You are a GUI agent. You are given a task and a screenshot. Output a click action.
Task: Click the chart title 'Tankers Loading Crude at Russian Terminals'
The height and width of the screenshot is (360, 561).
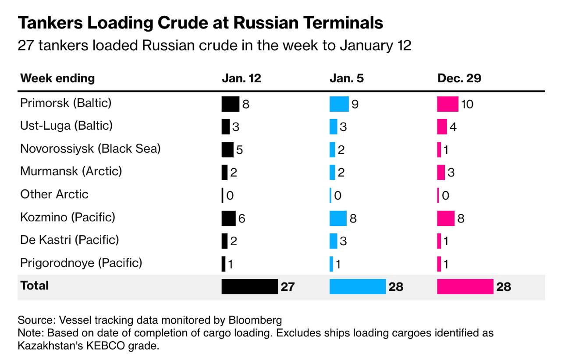click(200, 23)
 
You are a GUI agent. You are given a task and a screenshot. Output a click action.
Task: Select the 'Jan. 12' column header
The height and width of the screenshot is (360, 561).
click(241, 78)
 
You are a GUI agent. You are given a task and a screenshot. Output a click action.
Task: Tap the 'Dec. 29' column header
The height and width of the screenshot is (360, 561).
click(459, 78)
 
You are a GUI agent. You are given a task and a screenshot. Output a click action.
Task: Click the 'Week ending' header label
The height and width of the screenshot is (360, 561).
click(57, 78)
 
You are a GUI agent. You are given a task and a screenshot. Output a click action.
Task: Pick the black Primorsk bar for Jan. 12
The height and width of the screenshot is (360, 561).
click(230, 104)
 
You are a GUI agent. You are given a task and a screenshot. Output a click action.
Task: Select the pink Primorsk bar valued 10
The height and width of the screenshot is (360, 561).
click(447, 104)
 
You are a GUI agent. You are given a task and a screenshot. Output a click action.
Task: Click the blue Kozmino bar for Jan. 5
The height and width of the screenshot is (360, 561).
click(338, 218)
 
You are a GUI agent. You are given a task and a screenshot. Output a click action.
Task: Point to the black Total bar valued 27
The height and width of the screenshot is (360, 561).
click(249, 286)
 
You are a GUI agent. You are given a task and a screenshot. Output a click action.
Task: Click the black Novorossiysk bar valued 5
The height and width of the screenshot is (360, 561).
click(227, 149)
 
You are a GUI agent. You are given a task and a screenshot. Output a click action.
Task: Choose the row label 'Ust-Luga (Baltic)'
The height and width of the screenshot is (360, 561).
click(66, 126)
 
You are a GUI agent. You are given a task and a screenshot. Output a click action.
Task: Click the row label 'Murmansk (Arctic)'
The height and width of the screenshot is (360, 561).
click(71, 171)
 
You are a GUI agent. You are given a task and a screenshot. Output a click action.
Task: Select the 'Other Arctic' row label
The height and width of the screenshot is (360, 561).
click(54, 194)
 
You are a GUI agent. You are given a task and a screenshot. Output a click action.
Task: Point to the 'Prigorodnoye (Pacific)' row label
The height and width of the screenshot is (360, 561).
click(81, 263)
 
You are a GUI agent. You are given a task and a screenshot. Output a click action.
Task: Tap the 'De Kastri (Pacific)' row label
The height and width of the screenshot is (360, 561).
click(70, 240)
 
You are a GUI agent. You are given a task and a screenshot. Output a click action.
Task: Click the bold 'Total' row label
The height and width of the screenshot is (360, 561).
click(35, 286)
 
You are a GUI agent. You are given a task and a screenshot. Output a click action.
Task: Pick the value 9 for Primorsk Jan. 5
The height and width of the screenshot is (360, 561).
click(355, 105)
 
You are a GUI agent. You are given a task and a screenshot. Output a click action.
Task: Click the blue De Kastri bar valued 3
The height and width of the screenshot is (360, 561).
click(333, 240)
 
